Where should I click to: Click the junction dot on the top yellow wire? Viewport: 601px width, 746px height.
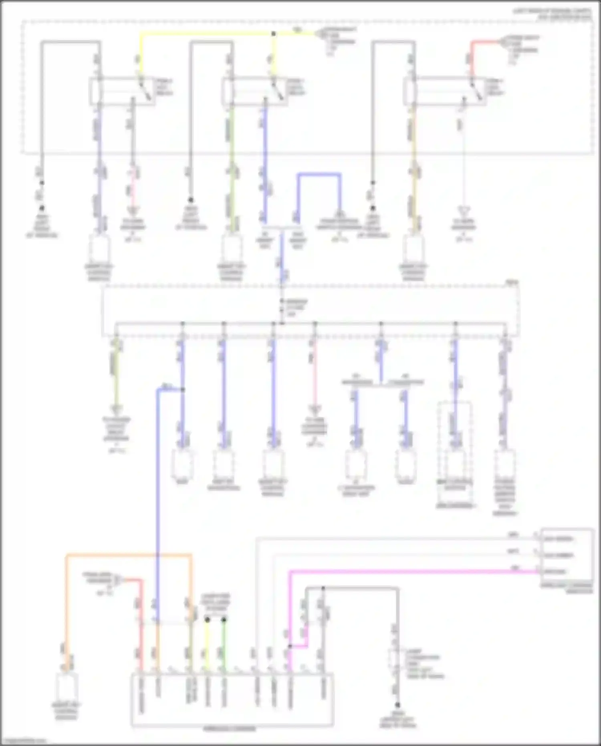(273, 34)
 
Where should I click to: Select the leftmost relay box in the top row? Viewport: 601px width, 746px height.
(122, 91)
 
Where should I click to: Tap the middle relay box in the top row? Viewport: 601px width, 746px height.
(255, 91)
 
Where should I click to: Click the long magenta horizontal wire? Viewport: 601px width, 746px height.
(413, 572)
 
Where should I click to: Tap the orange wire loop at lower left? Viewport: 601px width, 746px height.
(128, 556)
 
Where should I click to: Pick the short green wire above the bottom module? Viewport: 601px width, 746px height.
(224, 645)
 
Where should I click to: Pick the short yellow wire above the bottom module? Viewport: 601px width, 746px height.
(207, 645)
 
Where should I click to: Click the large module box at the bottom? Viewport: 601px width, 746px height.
(232, 700)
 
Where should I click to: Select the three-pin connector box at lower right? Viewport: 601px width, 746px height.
(567, 555)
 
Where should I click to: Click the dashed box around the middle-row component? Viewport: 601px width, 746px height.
(454, 453)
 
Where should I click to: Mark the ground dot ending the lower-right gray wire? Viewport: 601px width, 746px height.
(397, 705)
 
